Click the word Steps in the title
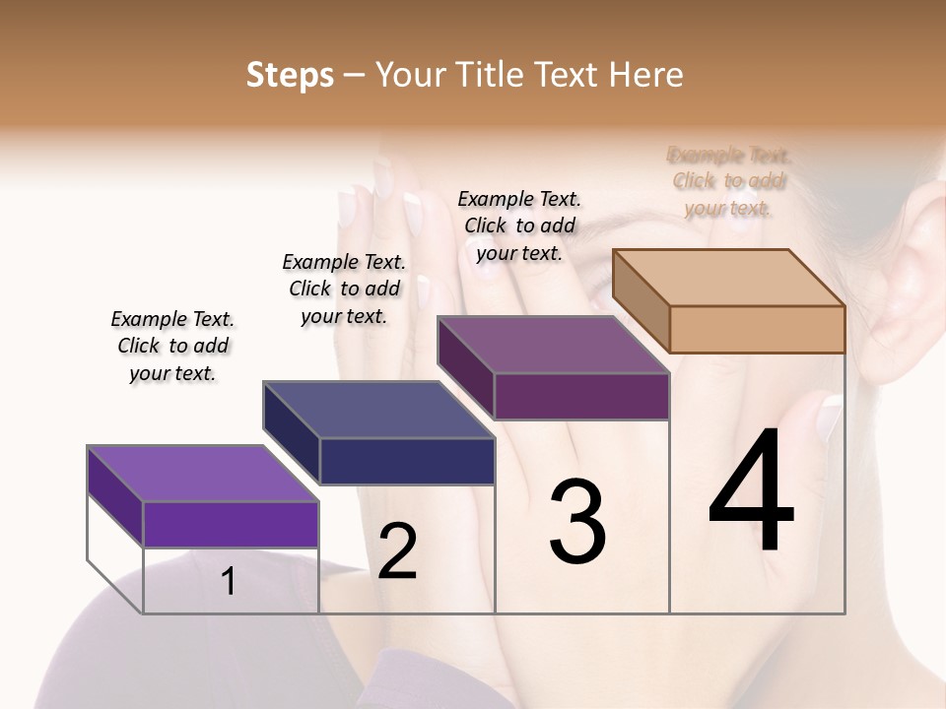pyautogui.click(x=290, y=75)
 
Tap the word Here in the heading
pyautogui.click(x=645, y=75)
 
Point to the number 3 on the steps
pyautogui.click(x=577, y=522)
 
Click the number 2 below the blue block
pyautogui.click(x=397, y=551)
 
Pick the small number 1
pyautogui.click(x=229, y=582)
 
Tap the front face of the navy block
pyautogui.click(x=407, y=461)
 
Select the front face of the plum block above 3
pyautogui.click(x=581, y=396)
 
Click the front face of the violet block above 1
pyautogui.click(x=231, y=524)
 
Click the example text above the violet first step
pyautogui.click(x=172, y=346)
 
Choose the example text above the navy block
pyautogui.click(x=344, y=289)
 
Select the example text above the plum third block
pyautogui.click(x=519, y=226)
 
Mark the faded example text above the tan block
pyautogui.click(x=729, y=181)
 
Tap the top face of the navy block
pyautogui.click(x=379, y=410)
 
